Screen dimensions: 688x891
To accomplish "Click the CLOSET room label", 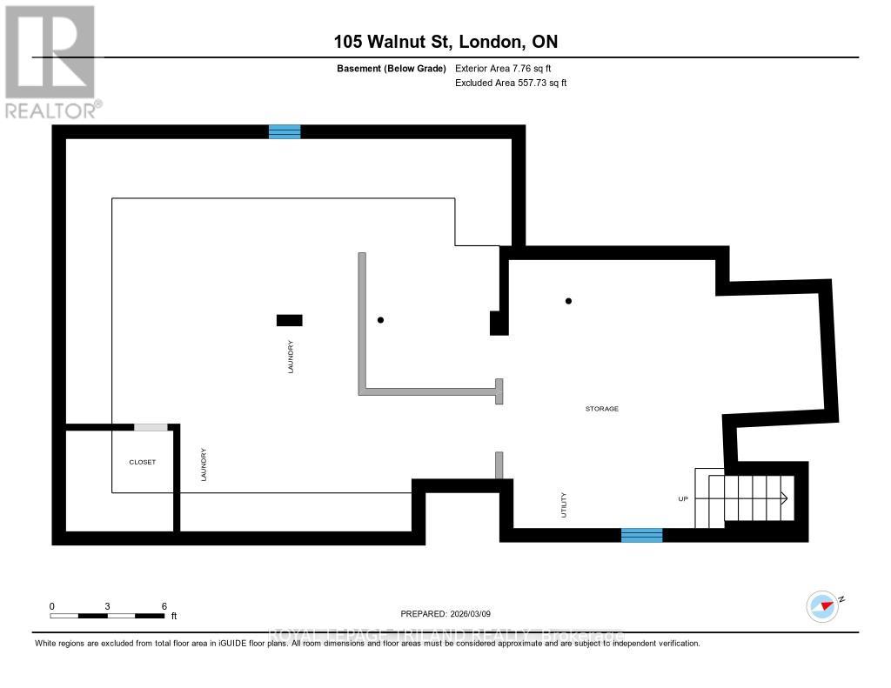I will point(142,462).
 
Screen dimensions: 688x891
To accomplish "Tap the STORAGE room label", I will point(601,408).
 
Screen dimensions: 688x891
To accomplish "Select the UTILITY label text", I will point(564,505).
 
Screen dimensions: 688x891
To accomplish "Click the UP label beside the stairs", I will point(684,499).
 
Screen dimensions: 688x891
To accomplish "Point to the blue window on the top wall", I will point(285,131).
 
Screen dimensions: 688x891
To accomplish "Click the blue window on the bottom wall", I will point(641,535).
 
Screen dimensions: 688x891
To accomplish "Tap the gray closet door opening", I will point(151,427).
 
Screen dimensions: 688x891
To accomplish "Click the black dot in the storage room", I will point(568,301).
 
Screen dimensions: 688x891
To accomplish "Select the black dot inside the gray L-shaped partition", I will point(380,320).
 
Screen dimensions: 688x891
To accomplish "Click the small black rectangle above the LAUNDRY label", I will point(289,320).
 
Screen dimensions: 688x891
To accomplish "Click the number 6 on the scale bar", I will point(164,605).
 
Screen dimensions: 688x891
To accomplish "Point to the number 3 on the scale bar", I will point(107,605).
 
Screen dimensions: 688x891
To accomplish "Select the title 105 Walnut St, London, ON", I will point(445,41).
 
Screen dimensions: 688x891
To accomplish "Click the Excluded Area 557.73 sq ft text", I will point(511,83).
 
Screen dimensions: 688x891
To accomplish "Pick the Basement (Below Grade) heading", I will point(391,68).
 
